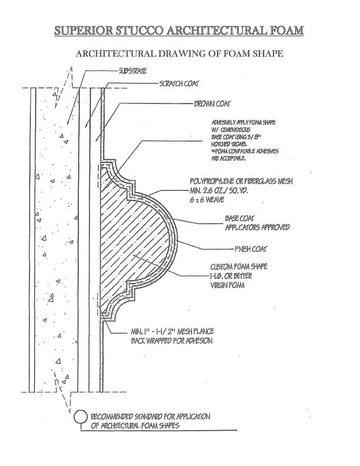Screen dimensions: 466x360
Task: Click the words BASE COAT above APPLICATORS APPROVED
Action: (241, 218)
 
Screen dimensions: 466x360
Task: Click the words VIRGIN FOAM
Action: (226, 285)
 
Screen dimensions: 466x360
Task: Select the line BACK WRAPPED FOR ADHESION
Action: (171, 341)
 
